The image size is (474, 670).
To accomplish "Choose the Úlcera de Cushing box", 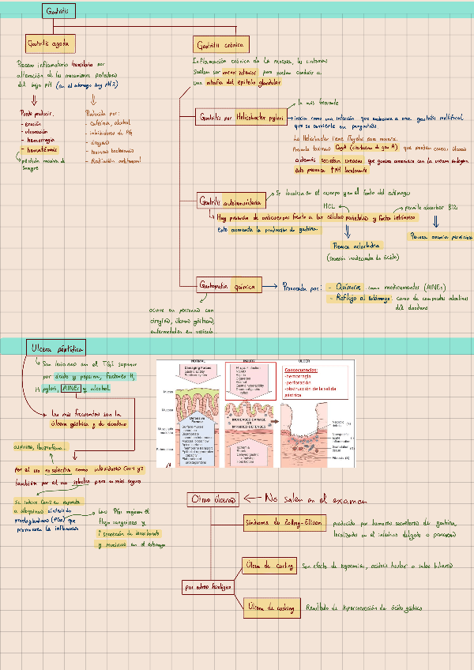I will [x=269, y=607].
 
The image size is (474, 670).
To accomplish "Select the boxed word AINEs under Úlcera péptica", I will [x=70, y=389].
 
